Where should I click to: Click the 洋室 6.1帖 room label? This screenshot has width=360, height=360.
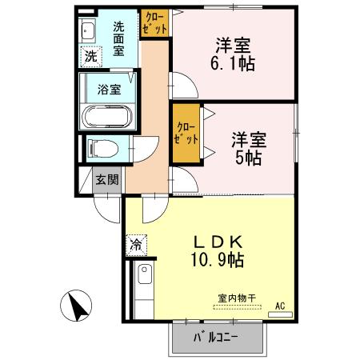[x=234, y=54]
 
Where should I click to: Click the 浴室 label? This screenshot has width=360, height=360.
[x=110, y=90]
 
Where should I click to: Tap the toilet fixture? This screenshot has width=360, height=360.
[x=102, y=148]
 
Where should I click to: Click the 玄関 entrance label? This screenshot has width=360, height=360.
[x=108, y=180]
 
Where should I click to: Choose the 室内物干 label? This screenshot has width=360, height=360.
[x=237, y=298]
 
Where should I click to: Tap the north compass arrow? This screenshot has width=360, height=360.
[x=78, y=306]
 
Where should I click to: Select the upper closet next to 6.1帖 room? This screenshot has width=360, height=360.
[x=154, y=22]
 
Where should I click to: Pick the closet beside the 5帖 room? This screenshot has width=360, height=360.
[x=186, y=133]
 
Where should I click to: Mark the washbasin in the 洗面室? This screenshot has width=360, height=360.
[x=88, y=32]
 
